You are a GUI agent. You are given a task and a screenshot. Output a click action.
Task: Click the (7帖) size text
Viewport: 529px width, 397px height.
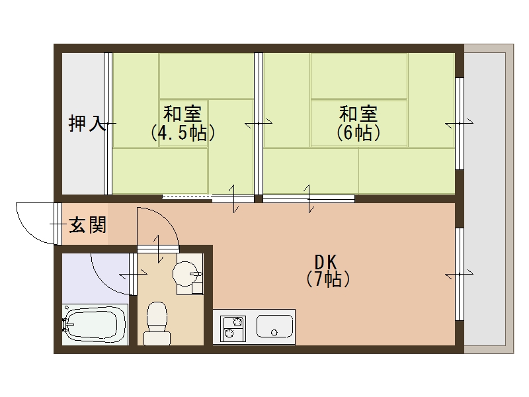[x=328, y=279]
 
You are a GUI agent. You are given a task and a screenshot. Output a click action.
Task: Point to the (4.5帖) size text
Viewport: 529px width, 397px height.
[x=183, y=133]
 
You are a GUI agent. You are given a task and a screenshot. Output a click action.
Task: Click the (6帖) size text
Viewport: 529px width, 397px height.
[x=358, y=133]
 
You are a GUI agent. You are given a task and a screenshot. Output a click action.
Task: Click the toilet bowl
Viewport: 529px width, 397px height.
[x=157, y=322]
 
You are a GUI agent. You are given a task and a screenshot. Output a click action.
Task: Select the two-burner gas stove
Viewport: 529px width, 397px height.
[x=232, y=327]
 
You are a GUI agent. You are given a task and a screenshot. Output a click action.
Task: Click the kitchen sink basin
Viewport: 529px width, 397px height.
[x=274, y=326]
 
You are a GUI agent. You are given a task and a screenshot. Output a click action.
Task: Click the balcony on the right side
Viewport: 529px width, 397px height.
[x=488, y=198]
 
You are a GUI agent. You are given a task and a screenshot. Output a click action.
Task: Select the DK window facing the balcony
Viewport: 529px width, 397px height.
[x=459, y=273]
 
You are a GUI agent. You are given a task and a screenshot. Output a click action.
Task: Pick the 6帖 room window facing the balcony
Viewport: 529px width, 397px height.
[x=459, y=124]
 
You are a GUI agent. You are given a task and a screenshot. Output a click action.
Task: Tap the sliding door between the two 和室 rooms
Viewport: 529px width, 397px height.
[x=259, y=124]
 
